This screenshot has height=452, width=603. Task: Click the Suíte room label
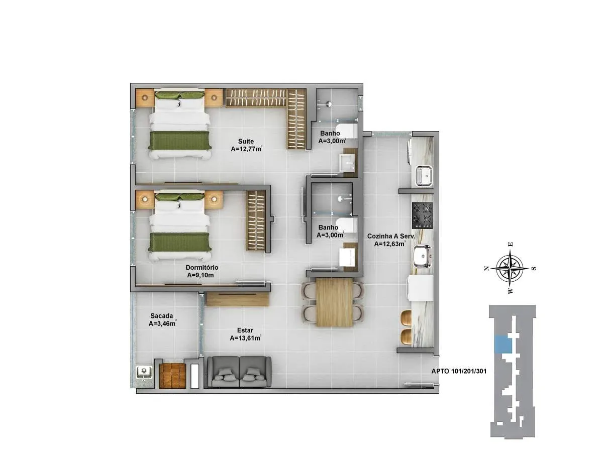point(246,141)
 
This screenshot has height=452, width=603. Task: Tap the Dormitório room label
point(202,267)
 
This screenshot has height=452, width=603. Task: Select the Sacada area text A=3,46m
point(162,323)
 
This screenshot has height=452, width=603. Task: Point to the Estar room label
point(245,330)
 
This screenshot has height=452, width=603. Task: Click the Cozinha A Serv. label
point(391,236)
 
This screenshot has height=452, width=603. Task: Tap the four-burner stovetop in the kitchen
point(423,216)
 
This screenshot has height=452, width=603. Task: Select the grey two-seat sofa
point(239,372)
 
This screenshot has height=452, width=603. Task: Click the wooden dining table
point(334,302)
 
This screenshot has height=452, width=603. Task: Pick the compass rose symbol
point(510,268)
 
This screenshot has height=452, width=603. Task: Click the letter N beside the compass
point(486,269)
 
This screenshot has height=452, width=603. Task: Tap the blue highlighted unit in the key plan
point(502,345)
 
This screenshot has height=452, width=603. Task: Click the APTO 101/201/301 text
point(459,371)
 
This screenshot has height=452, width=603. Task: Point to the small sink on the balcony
point(144,373)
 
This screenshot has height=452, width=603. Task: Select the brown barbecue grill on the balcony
point(172,375)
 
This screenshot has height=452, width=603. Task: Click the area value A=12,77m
point(247,149)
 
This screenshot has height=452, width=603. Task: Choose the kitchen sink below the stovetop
point(422,256)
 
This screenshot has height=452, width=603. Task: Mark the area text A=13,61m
point(246,338)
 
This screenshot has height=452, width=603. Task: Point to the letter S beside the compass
point(534,269)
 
